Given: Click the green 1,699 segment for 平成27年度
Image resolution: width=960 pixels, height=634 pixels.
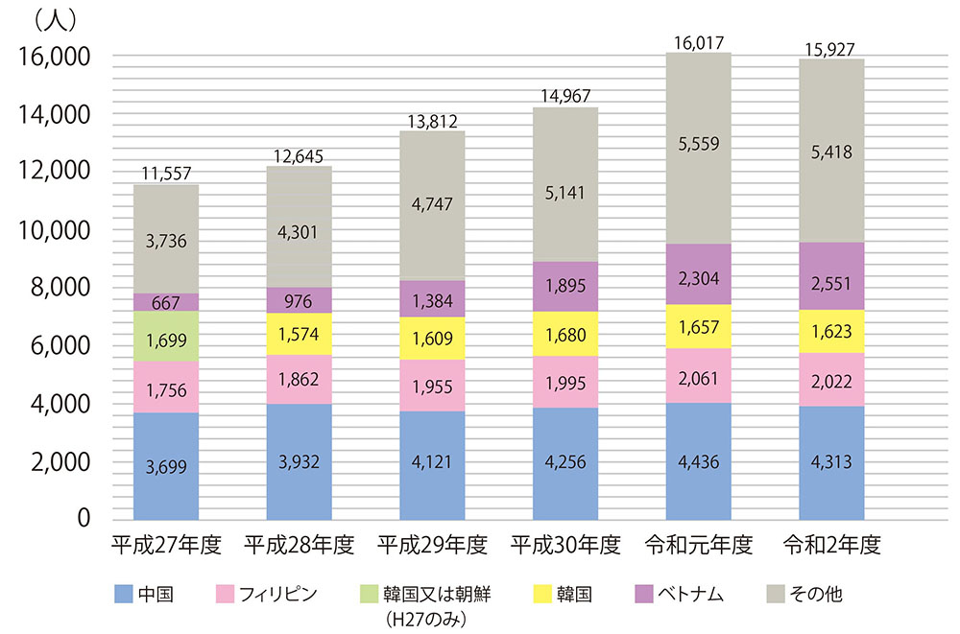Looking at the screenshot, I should tap(166, 337).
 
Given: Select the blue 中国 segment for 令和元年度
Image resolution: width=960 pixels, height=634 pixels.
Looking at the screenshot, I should tap(698, 461).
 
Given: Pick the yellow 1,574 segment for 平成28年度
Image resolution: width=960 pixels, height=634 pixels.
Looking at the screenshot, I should tap(299, 334).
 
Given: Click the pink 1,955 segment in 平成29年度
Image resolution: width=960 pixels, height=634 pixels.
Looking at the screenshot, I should tap(432, 386).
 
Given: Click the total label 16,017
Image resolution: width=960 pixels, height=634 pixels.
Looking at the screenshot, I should tap(698, 41).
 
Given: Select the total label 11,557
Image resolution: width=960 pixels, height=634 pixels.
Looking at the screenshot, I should tap(166, 174).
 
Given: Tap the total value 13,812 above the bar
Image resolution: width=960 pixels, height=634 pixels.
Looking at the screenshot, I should tap(432, 120).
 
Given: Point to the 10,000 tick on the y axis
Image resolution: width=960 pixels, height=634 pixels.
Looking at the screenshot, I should tap(55, 230).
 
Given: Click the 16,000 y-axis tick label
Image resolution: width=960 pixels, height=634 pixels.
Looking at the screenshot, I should tap(55, 58).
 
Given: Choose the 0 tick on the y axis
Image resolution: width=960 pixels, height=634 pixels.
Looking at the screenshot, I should tap(84, 519).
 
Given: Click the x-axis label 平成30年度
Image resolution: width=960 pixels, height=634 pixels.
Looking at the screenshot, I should tap(565, 547).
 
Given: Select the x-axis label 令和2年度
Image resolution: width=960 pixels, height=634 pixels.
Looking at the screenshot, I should tap(831, 547).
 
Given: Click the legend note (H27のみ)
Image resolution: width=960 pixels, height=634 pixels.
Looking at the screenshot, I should tap(423, 616).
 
